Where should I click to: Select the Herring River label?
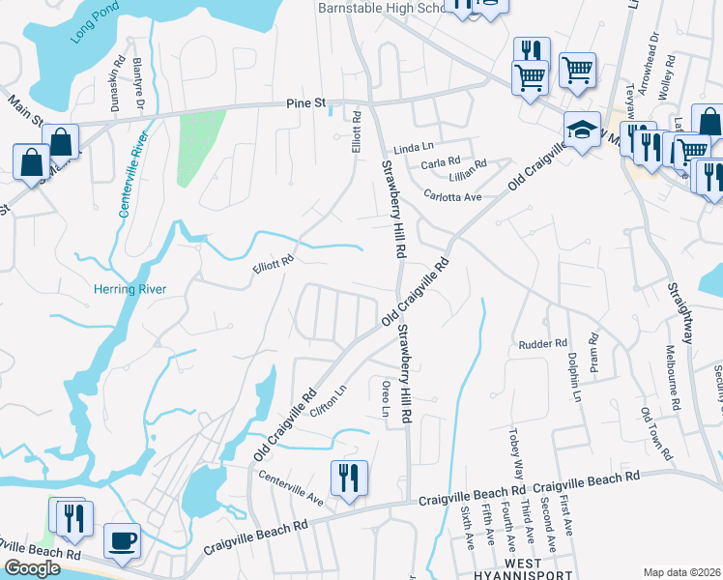coord(130,289)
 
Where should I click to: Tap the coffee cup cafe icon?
coord(122,541)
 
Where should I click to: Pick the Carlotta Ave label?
coord(452,195)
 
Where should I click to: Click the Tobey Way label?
coord(514,447)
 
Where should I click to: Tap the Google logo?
coord(33,567)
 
